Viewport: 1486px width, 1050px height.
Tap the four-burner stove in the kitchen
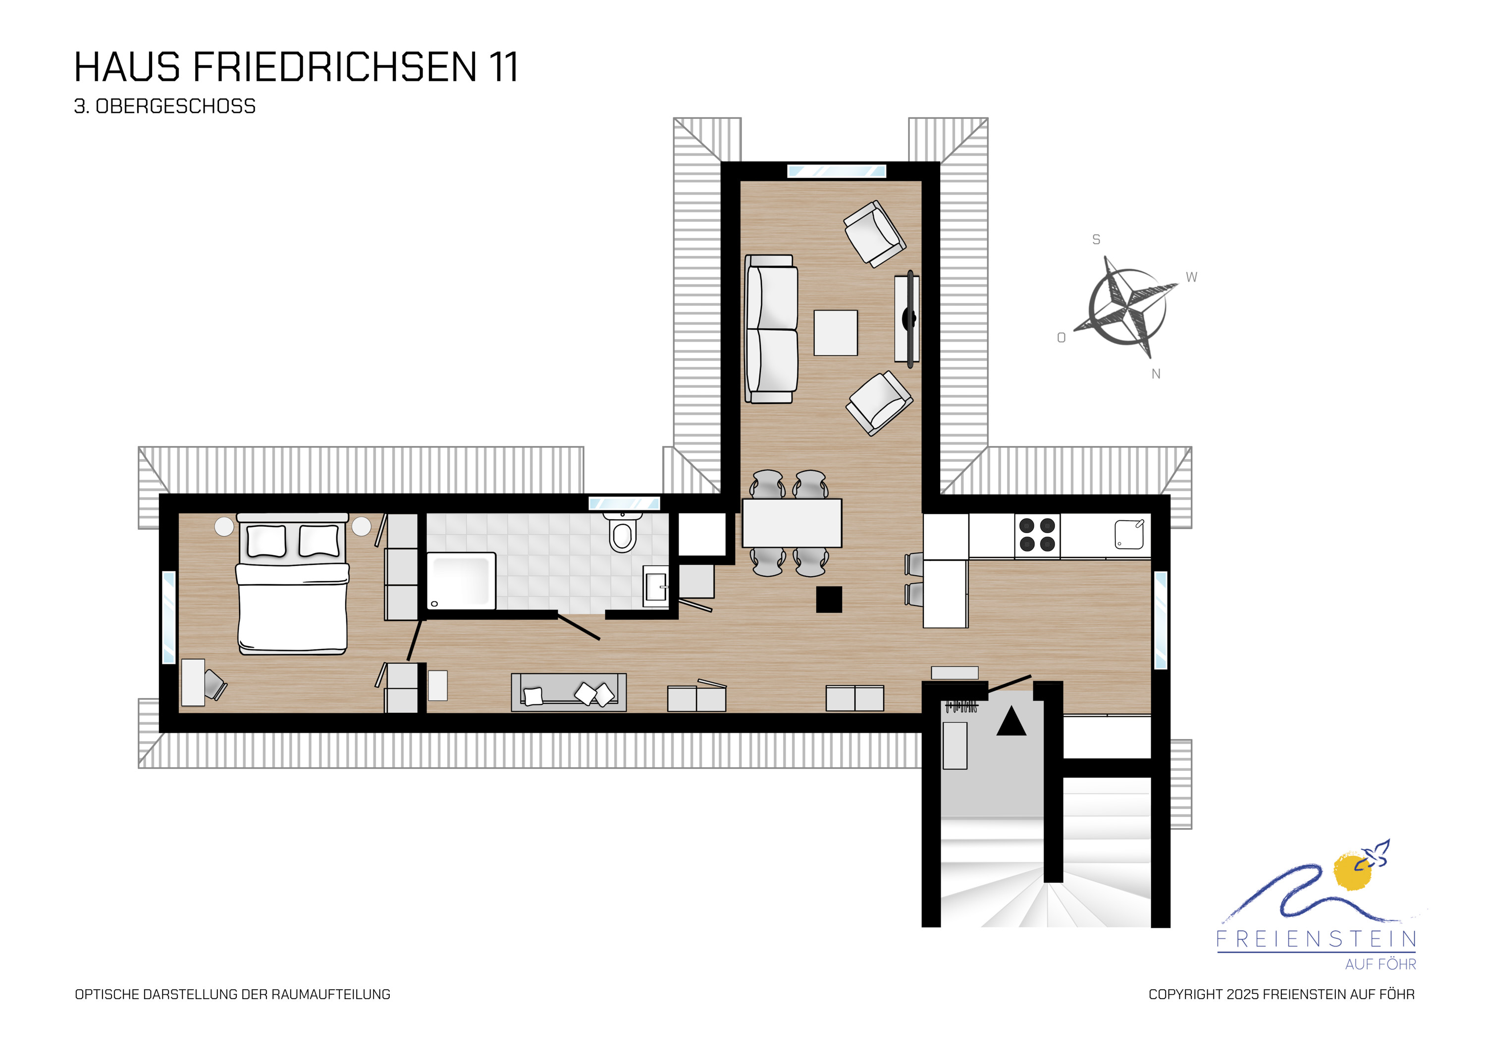tap(1038, 535)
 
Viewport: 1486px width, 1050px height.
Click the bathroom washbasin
tap(656, 586)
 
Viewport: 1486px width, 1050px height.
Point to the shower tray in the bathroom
tap(462, 580)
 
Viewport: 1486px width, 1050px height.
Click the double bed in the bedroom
tap(293, 583)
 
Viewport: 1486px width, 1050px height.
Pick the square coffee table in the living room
tap(836, 333)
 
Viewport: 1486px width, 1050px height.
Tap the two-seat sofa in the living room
tap(771, 329)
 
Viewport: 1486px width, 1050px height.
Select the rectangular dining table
tap(792, 523)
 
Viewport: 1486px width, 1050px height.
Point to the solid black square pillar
tap(829, 599)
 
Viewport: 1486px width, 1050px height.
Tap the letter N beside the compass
tap(1156, 374)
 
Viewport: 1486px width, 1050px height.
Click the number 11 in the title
tap(504, 67)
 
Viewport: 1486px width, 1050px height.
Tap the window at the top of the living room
tap(836, 171)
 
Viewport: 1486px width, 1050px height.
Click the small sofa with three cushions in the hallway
tap(569, 692)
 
